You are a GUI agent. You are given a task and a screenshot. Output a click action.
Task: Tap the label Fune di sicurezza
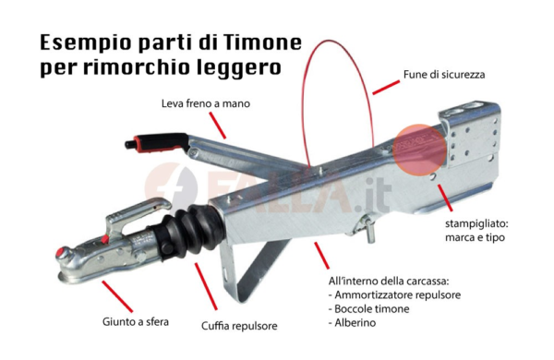[x=444, y=75]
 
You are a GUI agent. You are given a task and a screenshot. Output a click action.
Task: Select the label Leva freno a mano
[x=206, y=103]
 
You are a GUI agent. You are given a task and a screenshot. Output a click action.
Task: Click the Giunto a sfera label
[x=136, y=322]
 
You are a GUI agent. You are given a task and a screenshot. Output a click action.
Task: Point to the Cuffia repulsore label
[x=239, y=326]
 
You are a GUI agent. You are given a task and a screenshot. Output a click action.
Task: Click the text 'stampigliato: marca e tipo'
[x=476, y=231]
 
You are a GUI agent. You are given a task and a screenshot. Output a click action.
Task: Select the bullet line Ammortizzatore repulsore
[x=394, y=295]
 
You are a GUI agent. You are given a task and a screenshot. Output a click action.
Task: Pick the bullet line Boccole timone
[x=368, y=309]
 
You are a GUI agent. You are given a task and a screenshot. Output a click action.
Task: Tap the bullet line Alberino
[x=353, y=322]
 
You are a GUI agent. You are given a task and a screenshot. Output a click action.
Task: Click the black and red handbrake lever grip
[x=156, y=142]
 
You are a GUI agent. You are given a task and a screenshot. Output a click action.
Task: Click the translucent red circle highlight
[x=419, y=150]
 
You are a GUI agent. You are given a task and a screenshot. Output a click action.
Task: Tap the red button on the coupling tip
[x=61, y=253]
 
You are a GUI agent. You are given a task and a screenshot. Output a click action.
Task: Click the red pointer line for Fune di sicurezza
[x=386, y=88]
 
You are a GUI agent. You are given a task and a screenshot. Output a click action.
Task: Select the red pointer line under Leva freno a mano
[x=217, y=125]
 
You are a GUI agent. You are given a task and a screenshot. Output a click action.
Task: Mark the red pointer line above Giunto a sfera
[x=117, y=296]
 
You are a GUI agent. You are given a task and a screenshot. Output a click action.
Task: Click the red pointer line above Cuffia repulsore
[x=206, y=287]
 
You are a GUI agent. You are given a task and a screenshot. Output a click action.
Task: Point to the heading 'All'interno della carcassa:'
[x=389, y=282]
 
